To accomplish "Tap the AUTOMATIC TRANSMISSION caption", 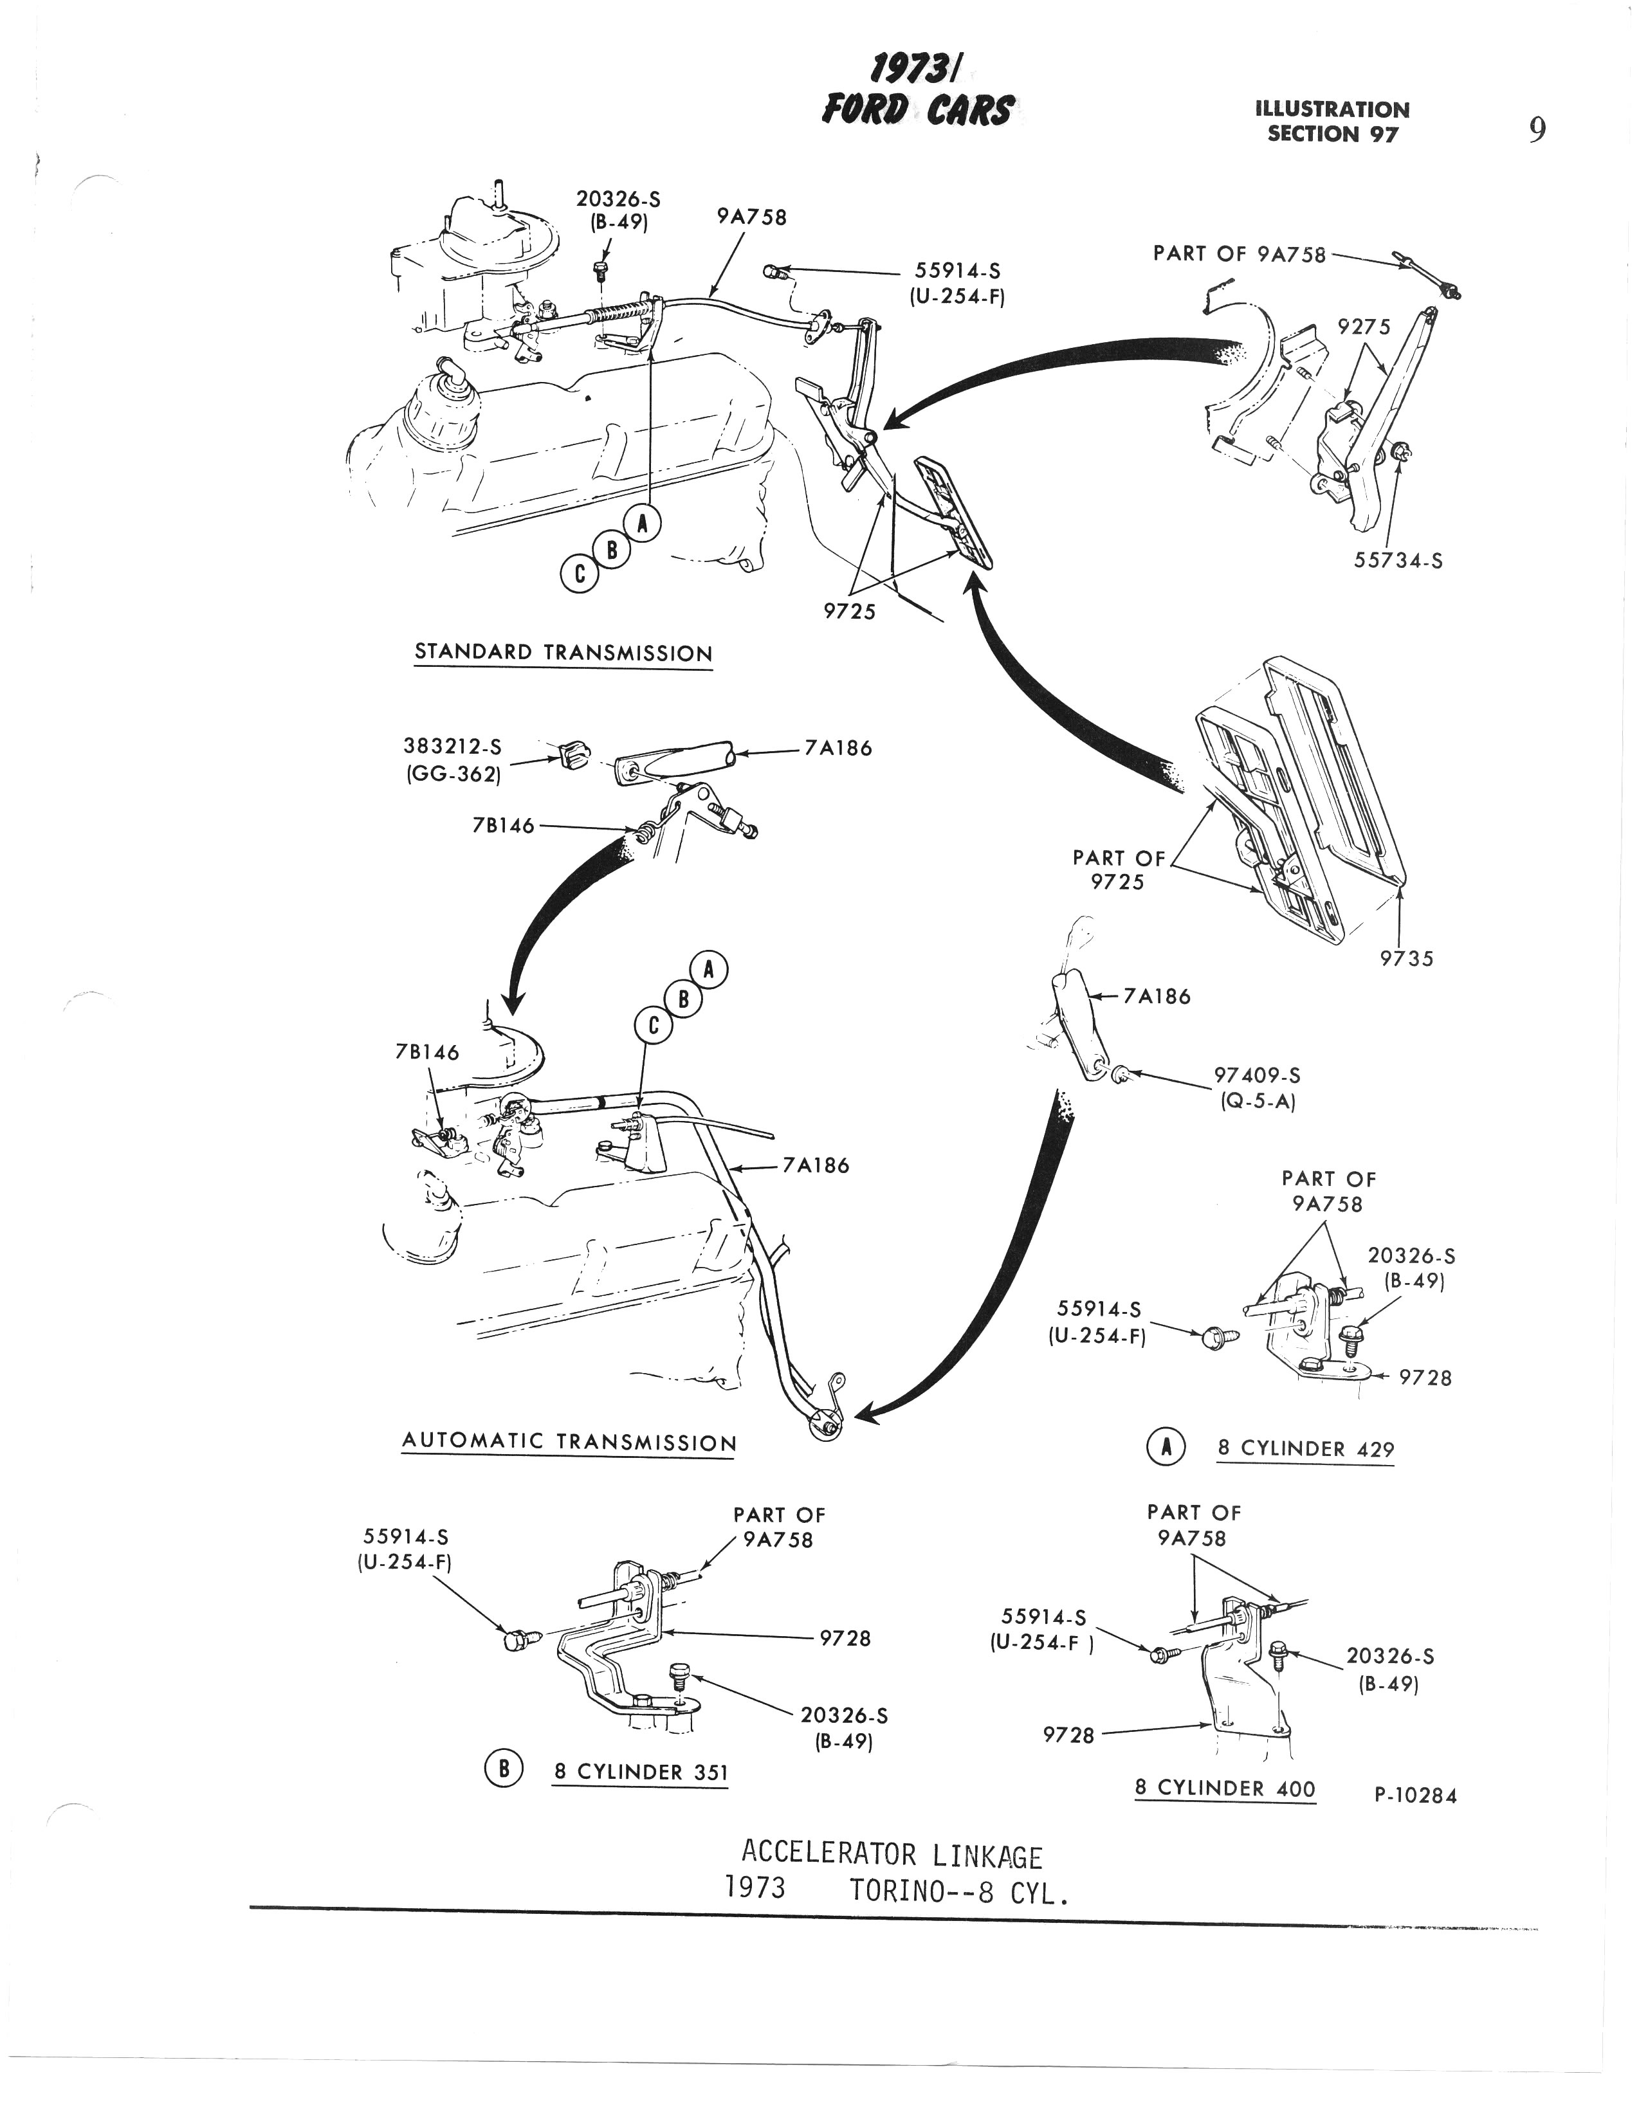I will pyautogui.click(x=569, y=1442).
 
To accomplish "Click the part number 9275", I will pyautogui.click(x=1364, y=328).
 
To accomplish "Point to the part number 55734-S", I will pyautogui.click(x=1398, y=560).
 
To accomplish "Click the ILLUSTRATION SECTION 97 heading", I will pyautogui.click(x=1332, y=122).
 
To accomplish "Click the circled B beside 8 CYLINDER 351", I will pyautogui.click(x=503, y=1769).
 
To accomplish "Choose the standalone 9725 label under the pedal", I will pyautogui.click(x=849, y=611).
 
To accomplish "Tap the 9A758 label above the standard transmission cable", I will pyautogui.click(x=751, y=217).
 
